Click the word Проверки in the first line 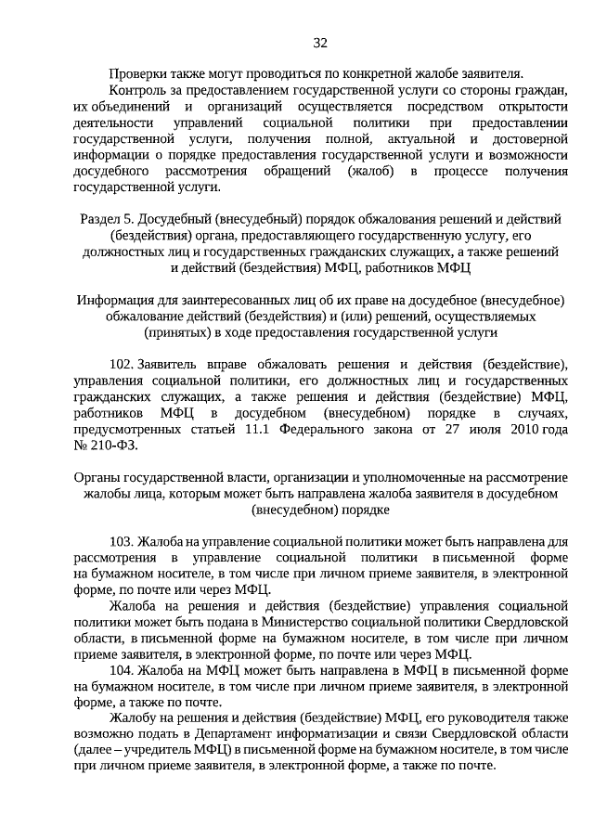(x=138, y=73)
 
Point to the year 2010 (x=519, y=428)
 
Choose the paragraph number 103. (x=122, y=541)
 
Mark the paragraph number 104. (x=122, y=669)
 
